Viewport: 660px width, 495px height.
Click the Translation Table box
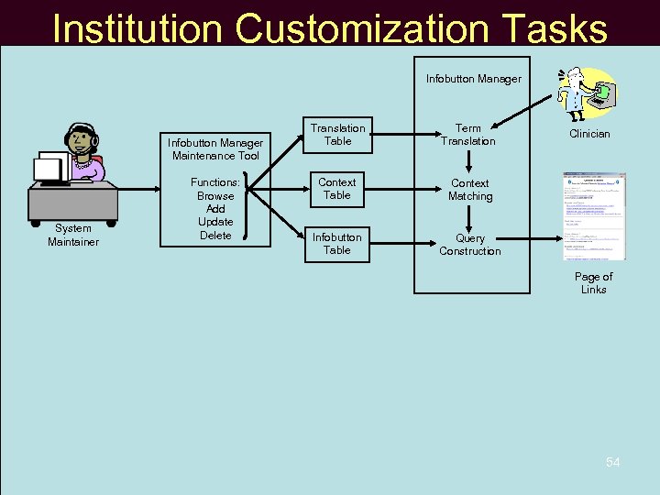(x=336, y=135)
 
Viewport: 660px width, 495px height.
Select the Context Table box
(x=336, y=189)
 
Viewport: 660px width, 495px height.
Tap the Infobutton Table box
(x=336, y=243)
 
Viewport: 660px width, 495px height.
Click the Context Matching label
(x=469, y=190)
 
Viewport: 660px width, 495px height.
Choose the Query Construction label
(x=469, y=245)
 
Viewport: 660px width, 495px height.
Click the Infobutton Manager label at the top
(x=473, y=79)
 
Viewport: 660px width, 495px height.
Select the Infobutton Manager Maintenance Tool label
(x=215, y=149)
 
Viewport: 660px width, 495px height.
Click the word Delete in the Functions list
(x=215, y=236)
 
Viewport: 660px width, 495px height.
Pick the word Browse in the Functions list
(x=215, y=196)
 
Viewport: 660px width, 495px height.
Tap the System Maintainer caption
(x=72, y=235)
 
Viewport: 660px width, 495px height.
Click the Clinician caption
(x=589, y=134)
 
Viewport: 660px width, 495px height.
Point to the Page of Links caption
(x=593, y=283)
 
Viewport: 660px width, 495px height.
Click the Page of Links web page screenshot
(x=594, y=216)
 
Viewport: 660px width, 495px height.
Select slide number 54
(x=612, y=463)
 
